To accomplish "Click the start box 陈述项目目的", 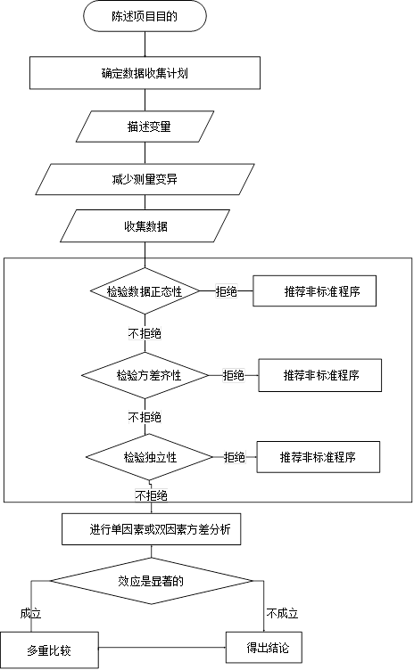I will [x=145, y=16].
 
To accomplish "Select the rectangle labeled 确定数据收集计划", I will [x=144, y=74].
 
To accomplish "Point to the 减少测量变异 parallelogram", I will [x=144, y=179].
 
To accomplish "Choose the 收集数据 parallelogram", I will [x=145, y=226].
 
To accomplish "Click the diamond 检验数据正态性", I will [x=144, y=291].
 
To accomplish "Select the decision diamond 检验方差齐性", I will [x=148, y=375].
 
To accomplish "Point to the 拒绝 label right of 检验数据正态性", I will [x=226, y=291].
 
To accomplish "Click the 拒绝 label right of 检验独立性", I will [x=234, y=457].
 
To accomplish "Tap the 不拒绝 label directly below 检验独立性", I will [x=151, y=494].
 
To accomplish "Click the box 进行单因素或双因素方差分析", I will [x=153, y=529].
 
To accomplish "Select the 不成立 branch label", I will [x=281, y=614].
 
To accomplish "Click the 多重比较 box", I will [x=50, y=650].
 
